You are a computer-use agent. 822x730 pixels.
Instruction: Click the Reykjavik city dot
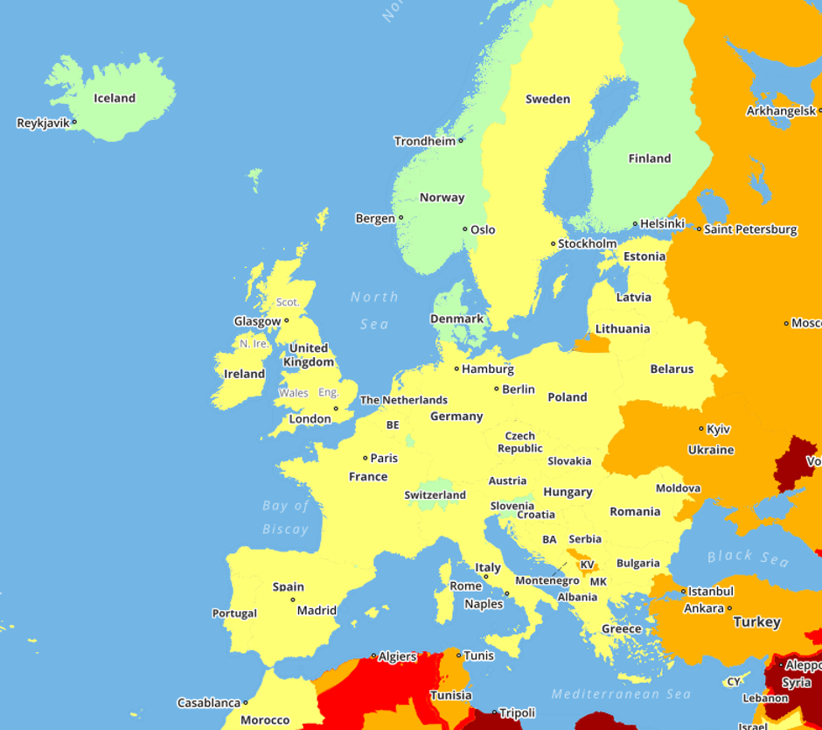pyautogui.click(x=74, y=123)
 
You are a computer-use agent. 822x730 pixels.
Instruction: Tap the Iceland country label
pyautogui.click(x=115, y=98)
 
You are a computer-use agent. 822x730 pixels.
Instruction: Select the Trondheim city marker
pyautogui.click(x=461, y=140)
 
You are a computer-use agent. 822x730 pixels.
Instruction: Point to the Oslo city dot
pyautogui.click(x=465, y=229)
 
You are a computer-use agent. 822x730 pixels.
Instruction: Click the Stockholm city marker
pyautogui.click(x=554, y=244)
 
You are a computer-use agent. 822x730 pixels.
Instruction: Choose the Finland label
pyautogui.click(x=650, y=158)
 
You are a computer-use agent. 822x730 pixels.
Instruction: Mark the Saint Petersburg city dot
pyautogui.click(x=699, y=229)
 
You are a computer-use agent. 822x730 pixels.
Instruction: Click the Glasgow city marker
pyautogui.click(x=286, y=320)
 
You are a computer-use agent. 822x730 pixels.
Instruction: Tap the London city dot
pyautogui.click(x=336, y=409)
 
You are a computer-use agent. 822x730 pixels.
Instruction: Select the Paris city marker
pyautogui.click(x=366, y=458)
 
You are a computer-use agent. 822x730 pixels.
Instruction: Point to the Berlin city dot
pyautogui.click(x=497, y=389)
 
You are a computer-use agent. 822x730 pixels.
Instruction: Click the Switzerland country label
pyautogui.click(x=435, y=495)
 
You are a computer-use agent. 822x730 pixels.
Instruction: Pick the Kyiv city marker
pyautogui.click(x=701, y=429)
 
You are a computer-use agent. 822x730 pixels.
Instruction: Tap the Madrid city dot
pyautogui.click(x=293, y=600)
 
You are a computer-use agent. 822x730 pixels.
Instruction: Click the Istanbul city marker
pyautogui.click(x=684, y=592)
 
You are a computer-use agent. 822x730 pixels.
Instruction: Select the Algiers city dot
pyautogui.click(x=374, y=656)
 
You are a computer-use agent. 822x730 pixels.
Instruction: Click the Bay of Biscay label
pyautogui.click(x=286, y=517)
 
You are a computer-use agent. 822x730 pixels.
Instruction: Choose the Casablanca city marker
pyautogui.click(x=246, y=702)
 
